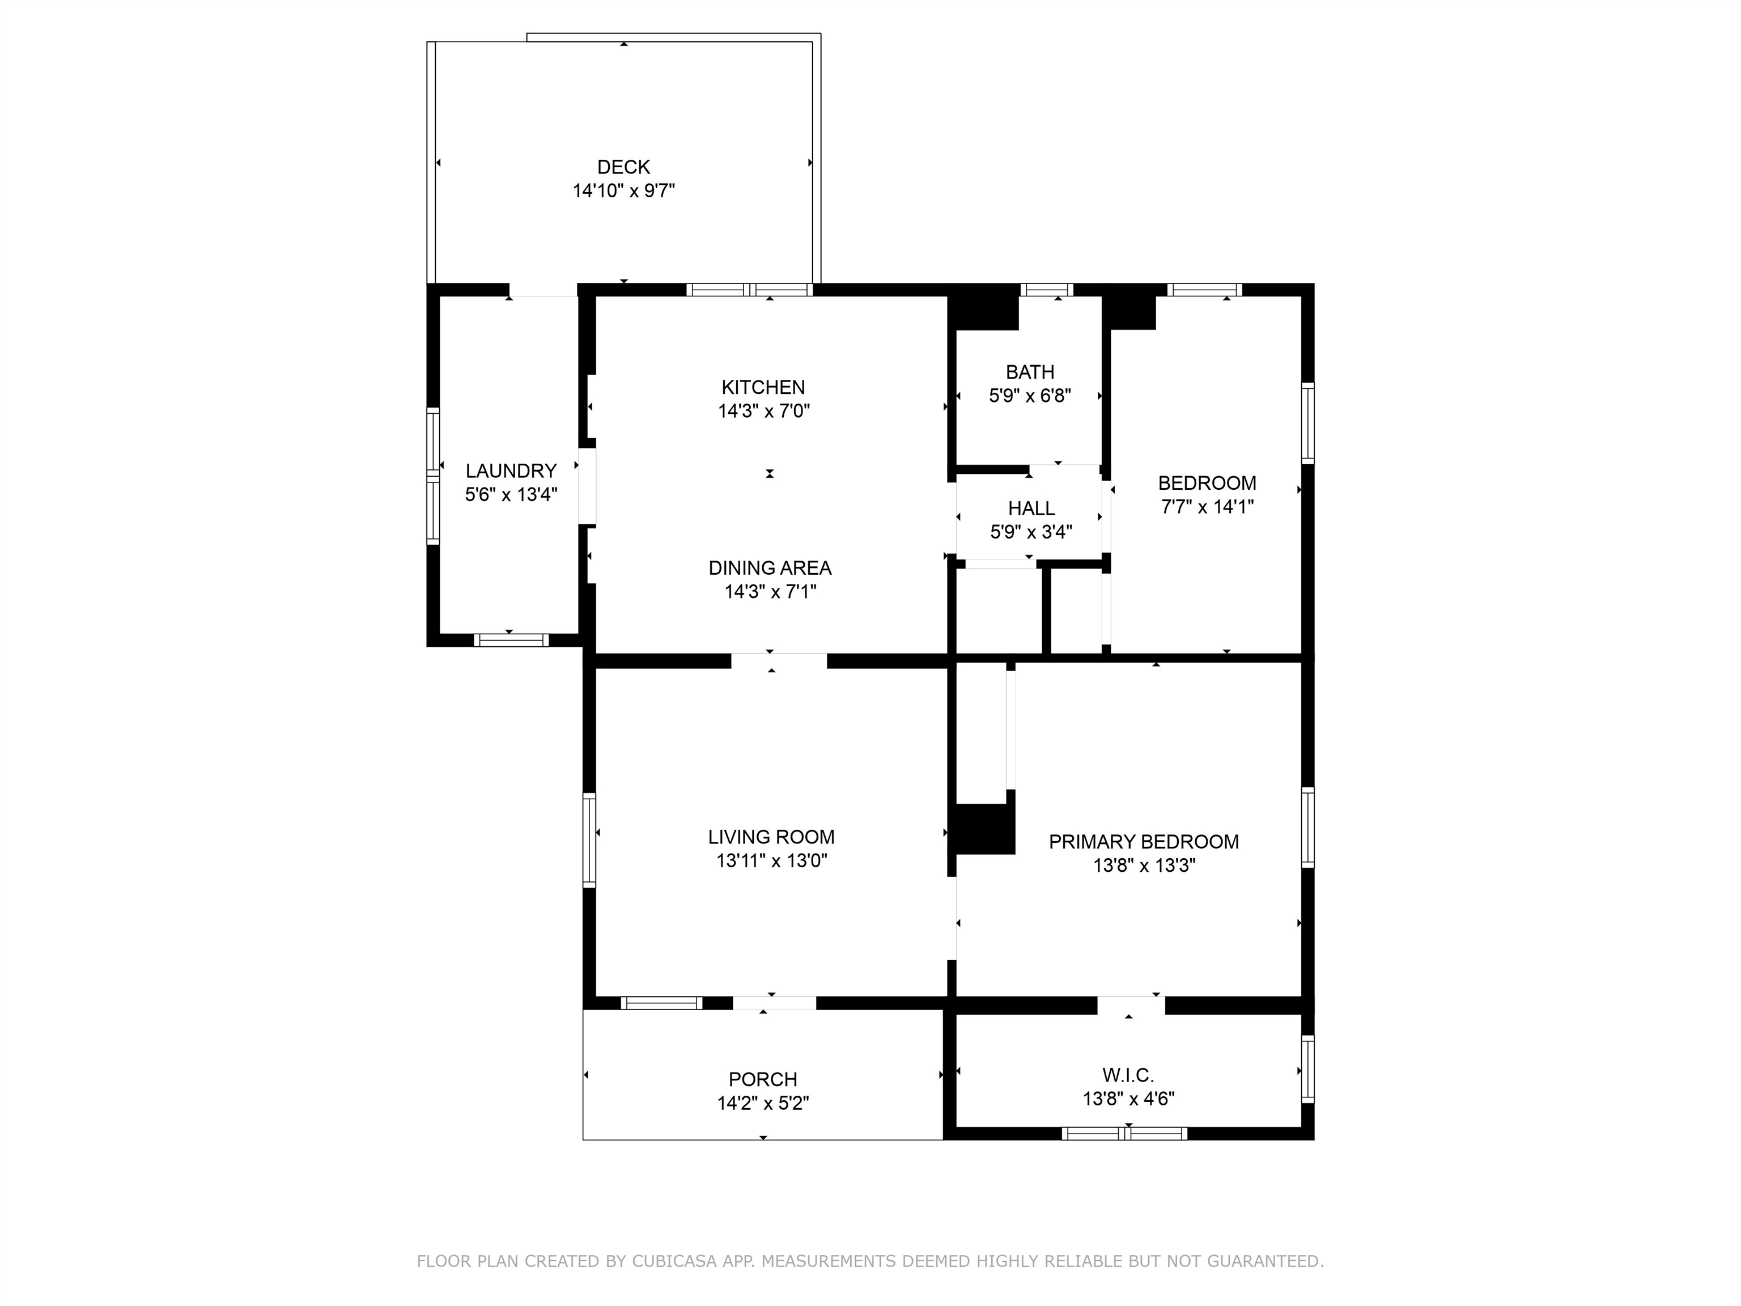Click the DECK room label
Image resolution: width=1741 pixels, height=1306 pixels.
click(x=623, y=167)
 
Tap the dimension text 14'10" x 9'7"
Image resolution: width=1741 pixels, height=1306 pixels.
click(x=623, y=190)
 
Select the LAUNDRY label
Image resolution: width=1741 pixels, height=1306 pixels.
click(x=511, y=470)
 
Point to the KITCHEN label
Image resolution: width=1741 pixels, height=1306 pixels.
click(x=763, y=387)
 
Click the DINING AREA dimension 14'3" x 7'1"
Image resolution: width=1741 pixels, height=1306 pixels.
click(x=770, y=592)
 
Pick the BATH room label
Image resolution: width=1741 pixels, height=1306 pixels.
click(x=1030, y=372)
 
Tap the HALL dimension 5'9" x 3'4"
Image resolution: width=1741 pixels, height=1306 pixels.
click(x=1030, y=532)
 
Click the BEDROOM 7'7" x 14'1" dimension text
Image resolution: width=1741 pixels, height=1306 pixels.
click(x=1207, y=507)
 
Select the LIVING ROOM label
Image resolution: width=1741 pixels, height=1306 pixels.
click(x=771, y=837)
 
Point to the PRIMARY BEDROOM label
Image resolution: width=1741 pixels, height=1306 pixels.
click(x=1143, y=842)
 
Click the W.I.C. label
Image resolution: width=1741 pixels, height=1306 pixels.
click(x=1128, y=1075)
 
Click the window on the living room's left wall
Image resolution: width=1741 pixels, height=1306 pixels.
click(x=589, y=841)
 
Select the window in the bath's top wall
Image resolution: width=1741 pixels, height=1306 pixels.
click(x=1046, y=290)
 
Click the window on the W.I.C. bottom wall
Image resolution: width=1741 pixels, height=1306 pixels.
click(x=1123, y=1134)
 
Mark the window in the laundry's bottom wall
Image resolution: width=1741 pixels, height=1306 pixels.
click(x=511, y=640)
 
